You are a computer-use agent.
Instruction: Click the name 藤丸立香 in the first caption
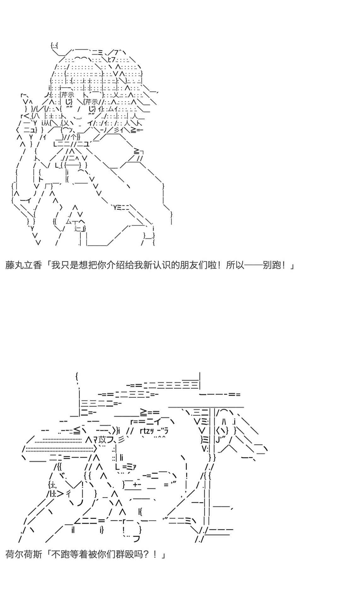24,265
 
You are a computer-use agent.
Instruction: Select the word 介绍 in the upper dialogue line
115,265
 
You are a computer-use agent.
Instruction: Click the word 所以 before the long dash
235,265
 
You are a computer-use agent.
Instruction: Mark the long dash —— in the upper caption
253,265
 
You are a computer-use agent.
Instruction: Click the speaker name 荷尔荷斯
24,554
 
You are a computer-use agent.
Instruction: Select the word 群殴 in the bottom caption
124,554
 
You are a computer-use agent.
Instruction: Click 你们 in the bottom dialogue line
106,554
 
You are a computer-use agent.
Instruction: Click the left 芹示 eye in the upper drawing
67,95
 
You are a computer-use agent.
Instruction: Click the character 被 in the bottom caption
92,554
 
